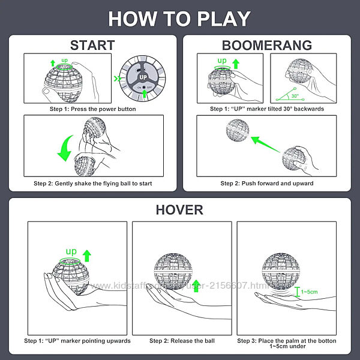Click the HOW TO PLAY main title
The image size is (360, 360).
[x=179, y=19]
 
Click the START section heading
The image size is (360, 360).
[x=92, y=45]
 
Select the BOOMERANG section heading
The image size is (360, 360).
[x=266, y=45]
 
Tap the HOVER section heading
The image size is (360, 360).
[x=179, y=209]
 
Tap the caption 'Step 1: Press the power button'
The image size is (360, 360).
[x=92, y=109]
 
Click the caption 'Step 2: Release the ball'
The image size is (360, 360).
[x=182, y=341]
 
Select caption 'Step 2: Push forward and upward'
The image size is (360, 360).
[x=266, y=183]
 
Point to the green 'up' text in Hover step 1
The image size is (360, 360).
[x=71, y=250]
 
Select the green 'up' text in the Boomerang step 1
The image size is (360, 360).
[x=221, y=61]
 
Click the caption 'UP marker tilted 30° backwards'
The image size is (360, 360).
[x=266, y=109]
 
